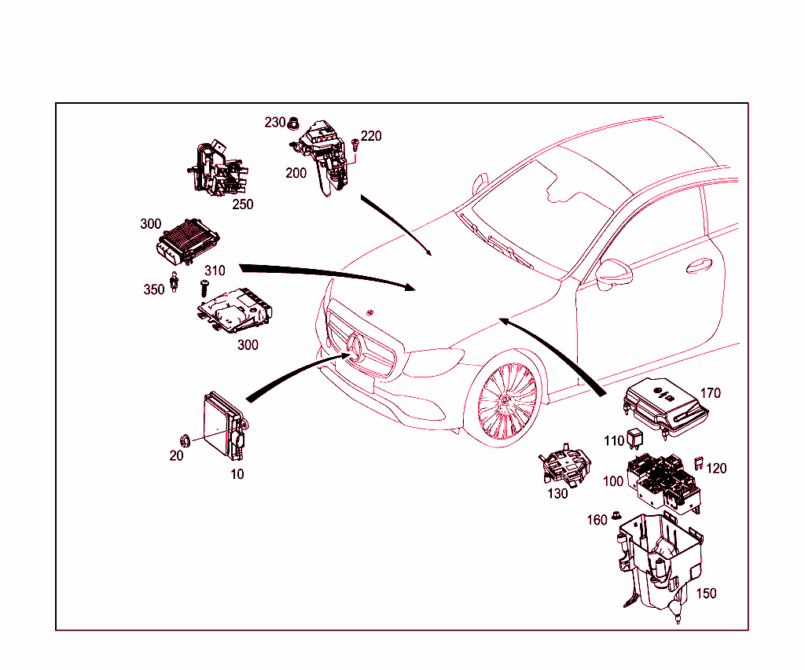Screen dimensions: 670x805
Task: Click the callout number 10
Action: pyautogui.click(x=237, y=474)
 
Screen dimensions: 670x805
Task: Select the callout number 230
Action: pyautogui.click(x=275, y=122)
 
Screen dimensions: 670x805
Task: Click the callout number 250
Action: pyautogui.click(x=243, y=204)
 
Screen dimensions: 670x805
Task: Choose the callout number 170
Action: pyautogui.click(x=710, y=393)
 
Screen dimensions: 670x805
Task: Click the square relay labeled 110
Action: pyautogui.click(x=637, y=442)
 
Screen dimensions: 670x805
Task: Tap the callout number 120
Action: pyautogui.click(x=716, y=469)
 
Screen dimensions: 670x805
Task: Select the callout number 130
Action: pyautogui.click(x=557, y=493)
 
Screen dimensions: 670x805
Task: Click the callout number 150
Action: pyautogui.click(x=706, y=594)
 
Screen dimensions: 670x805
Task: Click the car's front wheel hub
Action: pyautogui.click(x=503, y=401)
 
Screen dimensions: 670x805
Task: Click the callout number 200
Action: pyautogui.click(x=296, y=173)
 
